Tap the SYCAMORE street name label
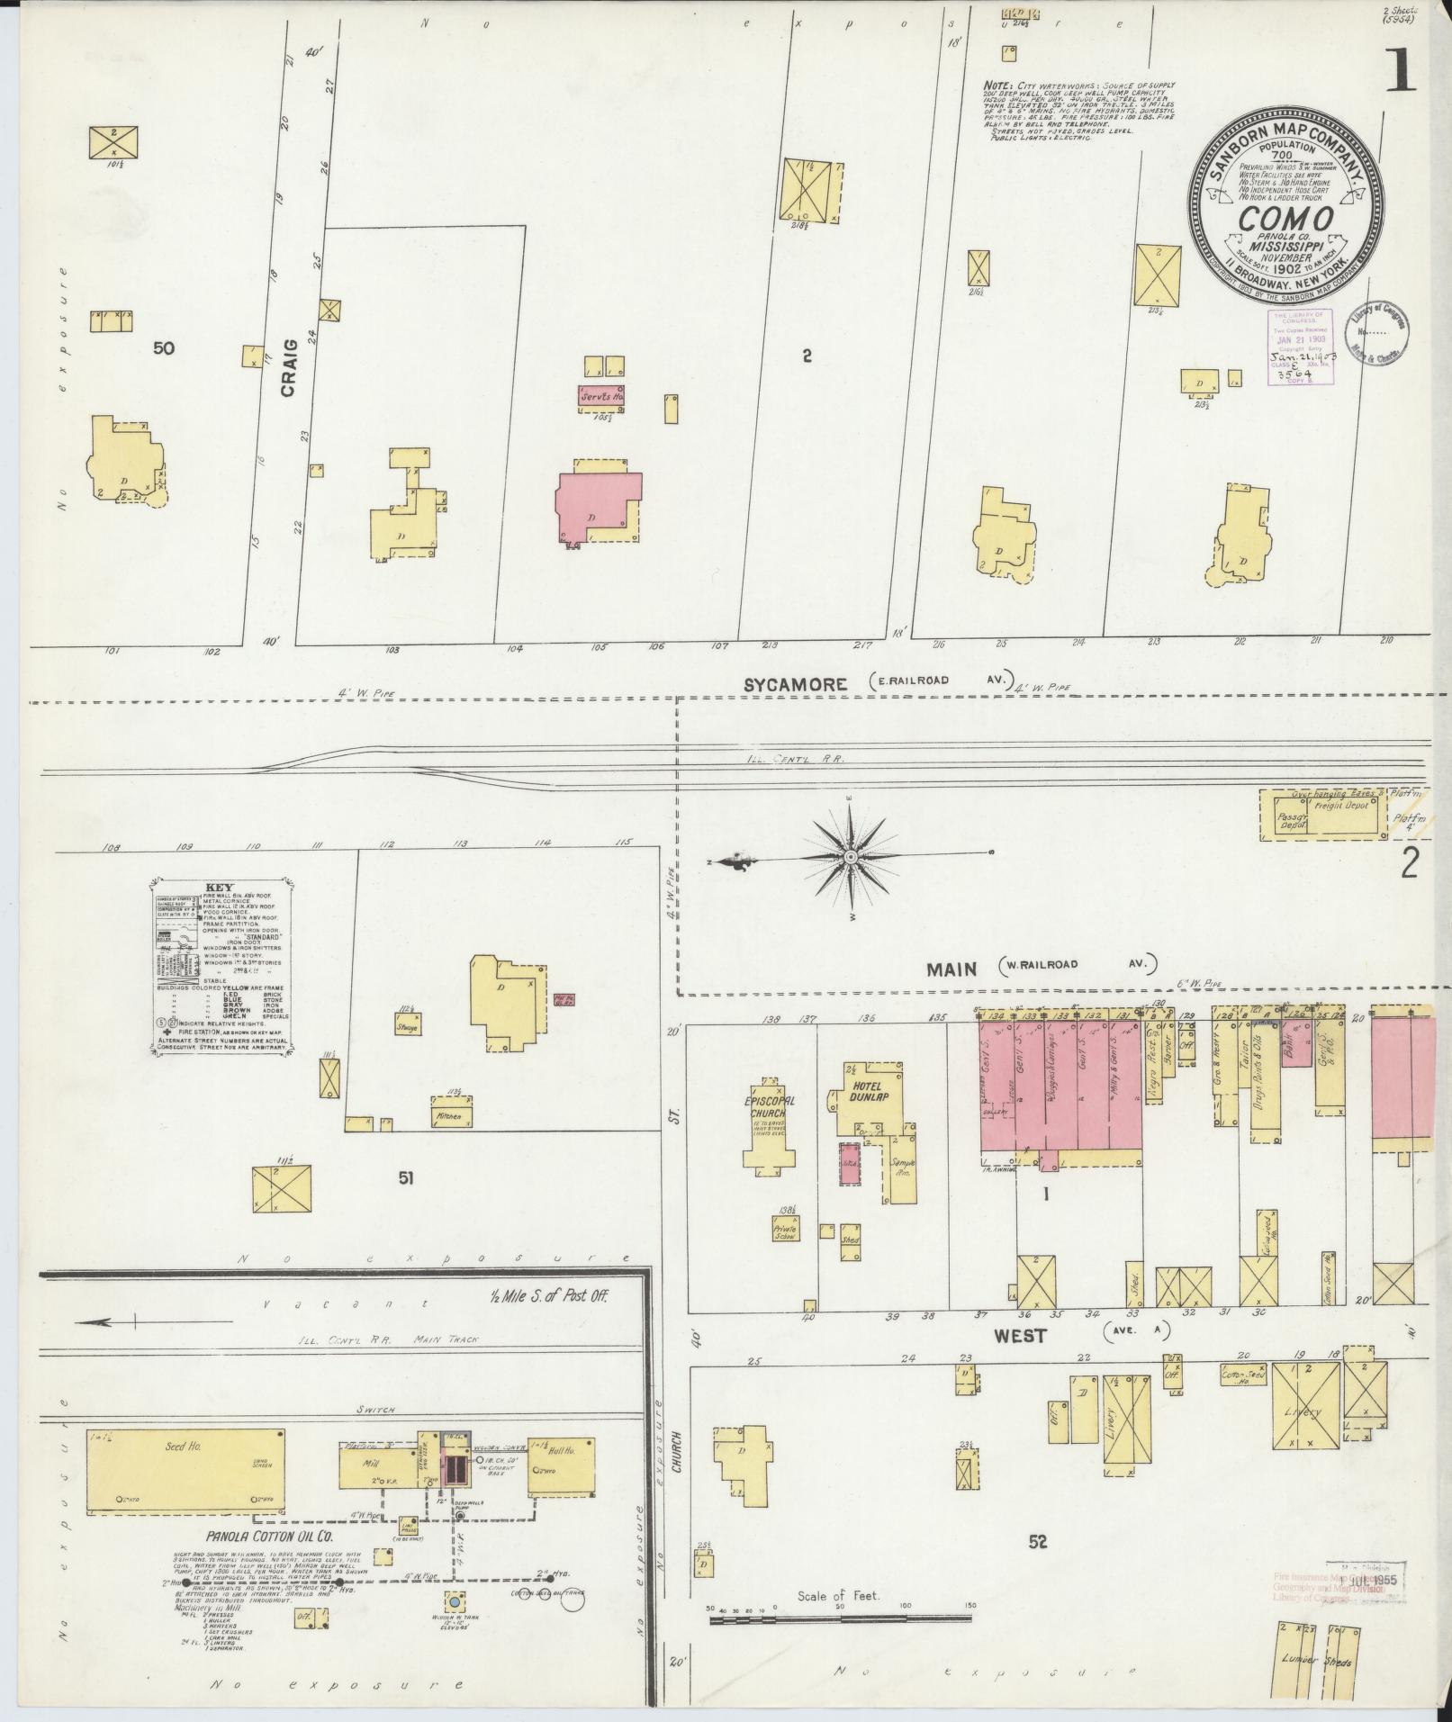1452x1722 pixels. pos(795,684)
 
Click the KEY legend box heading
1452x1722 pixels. pos(219,886)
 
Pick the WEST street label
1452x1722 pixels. pos(1021,1336)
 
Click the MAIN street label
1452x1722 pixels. pos(951,969)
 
